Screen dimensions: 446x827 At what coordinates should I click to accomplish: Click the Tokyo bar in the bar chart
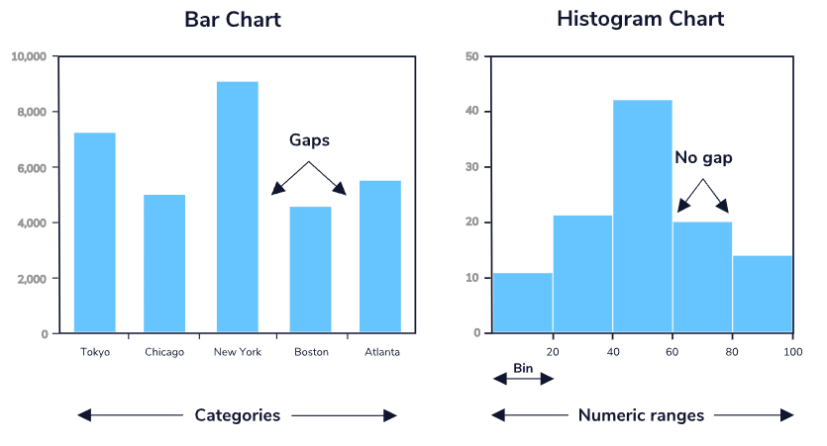(94, 232)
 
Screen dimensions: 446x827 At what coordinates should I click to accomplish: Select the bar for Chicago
(164, 263)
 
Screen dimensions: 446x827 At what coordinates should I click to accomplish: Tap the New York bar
(237, 207)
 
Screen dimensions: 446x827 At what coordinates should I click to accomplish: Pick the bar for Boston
(310, 269)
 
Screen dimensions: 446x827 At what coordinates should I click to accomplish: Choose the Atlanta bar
(380, 256)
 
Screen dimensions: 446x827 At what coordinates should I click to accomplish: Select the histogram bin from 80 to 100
(763, 294)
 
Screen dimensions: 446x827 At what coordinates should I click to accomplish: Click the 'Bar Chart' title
(233, 19)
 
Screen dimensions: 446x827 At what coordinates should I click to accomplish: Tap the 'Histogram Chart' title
(640, 19)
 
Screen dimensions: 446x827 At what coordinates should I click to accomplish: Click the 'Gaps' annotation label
(309, 140)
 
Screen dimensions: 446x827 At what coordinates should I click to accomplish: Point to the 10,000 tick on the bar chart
(29, 56)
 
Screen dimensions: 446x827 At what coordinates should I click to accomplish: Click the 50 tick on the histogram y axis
(472, 56)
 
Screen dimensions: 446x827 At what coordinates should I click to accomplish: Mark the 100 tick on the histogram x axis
(792, 352)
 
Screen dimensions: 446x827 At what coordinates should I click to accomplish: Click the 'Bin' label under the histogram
(522, 369)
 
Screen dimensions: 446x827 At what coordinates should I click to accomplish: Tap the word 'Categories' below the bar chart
(238, 415)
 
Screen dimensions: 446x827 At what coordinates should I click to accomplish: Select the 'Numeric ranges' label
(641, 415)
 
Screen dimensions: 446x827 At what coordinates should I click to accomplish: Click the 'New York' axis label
(237, 352)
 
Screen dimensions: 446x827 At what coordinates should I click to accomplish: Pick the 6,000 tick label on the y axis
(32, 168)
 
